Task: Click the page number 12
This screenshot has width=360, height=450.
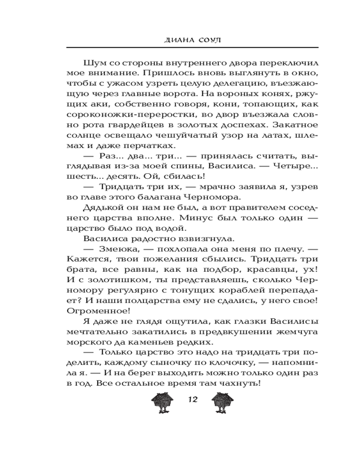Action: click(193, 399)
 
